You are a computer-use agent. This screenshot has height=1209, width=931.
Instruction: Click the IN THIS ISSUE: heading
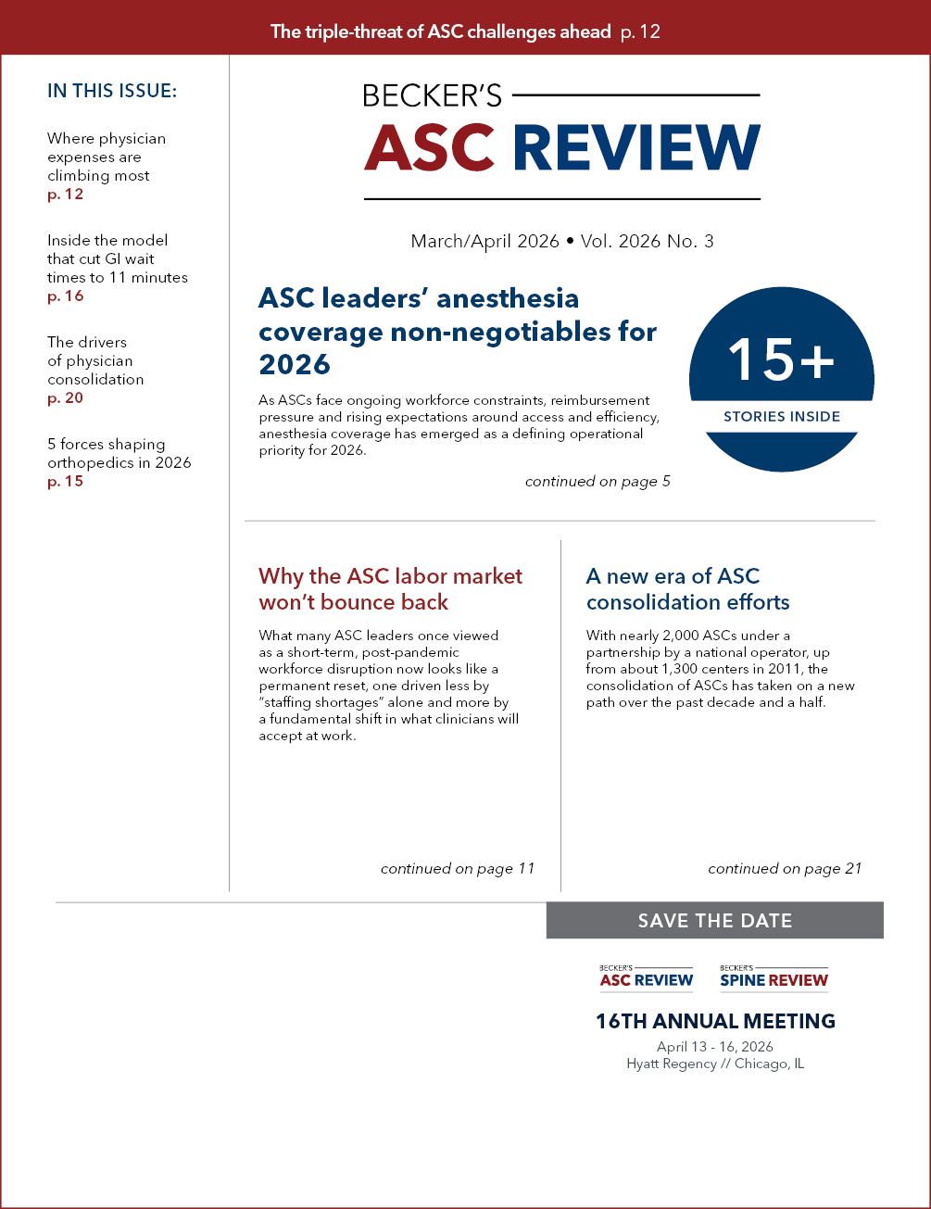click(112, 91)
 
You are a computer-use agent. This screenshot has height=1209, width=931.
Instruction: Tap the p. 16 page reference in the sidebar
click(65, 296)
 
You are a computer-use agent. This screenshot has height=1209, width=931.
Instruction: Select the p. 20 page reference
click(66, 398)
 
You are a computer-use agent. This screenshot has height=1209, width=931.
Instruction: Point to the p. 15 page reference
click(65, 482)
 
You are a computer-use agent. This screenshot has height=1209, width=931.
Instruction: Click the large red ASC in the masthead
click(431, 146)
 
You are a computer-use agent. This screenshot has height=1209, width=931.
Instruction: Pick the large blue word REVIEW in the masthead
click(636, 146)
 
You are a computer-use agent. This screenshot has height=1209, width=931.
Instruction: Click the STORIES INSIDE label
click(781, 417)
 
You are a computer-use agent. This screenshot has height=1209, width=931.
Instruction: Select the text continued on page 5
click(597, 482)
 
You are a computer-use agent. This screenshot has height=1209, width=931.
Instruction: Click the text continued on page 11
click(458, 869)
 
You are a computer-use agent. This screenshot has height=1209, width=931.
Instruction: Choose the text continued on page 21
click(785, 869)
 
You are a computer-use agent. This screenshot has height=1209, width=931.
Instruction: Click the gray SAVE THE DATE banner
click(714, 921)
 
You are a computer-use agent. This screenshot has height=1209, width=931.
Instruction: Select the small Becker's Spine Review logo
click(774, 976)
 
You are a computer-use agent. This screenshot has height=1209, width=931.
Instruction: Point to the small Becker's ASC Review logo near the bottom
click(647, 976)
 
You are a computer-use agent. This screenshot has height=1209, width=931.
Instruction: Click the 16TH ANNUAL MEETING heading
click(714, 1022)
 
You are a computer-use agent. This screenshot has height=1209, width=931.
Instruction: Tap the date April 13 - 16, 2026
click(714, 1047)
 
